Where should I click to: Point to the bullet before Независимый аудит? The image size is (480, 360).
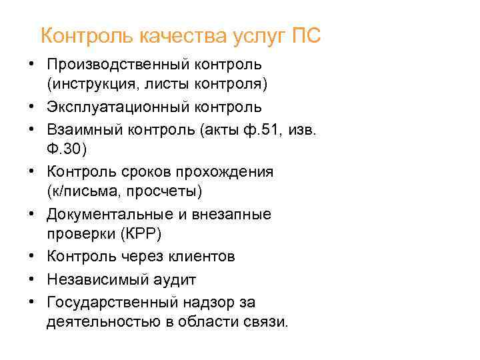tap(32, 279)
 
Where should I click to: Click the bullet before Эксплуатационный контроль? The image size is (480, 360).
tap(32, 107)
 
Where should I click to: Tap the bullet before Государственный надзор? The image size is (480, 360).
tap(32, 301)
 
